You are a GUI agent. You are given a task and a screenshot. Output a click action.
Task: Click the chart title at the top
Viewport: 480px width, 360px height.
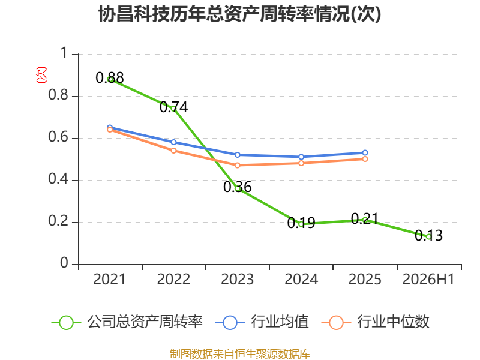pyautogui.click(x=239, y=14)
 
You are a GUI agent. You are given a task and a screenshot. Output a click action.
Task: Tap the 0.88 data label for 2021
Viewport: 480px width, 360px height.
pyautogui.click(x=110, y=77)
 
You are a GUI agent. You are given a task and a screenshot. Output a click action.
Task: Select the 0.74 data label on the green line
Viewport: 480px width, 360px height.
pyautogui.click(x=173, y=107)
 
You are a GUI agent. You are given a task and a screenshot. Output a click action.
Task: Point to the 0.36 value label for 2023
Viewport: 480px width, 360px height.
pyautogui.click(x=237, y=187)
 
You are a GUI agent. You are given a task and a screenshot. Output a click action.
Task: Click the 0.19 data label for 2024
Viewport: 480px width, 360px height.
pyautogui.click(x=301, y=223)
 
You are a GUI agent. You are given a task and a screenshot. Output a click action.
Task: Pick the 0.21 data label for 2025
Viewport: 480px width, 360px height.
pyautogui.click(x=365, y=218)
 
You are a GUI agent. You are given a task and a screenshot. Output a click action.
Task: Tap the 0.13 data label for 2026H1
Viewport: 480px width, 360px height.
pyautogui.click(x=428, y=235)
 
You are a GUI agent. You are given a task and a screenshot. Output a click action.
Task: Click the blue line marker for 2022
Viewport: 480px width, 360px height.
pyautogui.click(x=173, y=142)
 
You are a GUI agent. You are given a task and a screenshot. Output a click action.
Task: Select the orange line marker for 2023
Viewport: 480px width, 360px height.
pyautogui.click(x=237, y=166)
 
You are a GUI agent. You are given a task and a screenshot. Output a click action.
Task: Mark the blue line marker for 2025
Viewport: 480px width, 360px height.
pyautogui.click(x=365, y=153)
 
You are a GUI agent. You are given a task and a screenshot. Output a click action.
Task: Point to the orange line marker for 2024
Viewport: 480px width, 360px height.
pyautogui.click(x=301, y=163)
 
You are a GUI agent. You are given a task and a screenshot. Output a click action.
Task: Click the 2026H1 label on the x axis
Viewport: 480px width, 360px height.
pyautogui.click(x=428, y=279)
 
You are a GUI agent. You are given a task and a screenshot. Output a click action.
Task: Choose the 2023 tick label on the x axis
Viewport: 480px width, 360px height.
pyautogui.click(x=237, y=279)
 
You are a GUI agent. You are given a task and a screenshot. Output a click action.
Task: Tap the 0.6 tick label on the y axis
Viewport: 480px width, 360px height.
pyautogui.click(x=58, y=137)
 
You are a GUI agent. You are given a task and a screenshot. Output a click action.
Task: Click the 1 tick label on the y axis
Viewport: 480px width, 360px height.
pyautogui.click(x=64, y=53)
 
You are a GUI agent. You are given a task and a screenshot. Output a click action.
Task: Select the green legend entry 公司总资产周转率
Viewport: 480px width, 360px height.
pyautogui.click(x=127, y=322)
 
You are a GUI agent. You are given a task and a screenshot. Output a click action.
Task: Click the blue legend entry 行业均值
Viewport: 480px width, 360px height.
pyautogui.click(x=262, y=322)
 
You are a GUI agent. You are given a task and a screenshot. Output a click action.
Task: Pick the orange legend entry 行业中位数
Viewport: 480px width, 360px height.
pyautogui.click(x=376, y=322)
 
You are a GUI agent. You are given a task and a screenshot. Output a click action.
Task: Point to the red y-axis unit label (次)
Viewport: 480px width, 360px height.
pyautogui.click(x=41, y=75)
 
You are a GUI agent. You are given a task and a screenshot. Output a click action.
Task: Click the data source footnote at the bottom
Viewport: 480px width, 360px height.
pyautogui.click(x=240, y=353)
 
